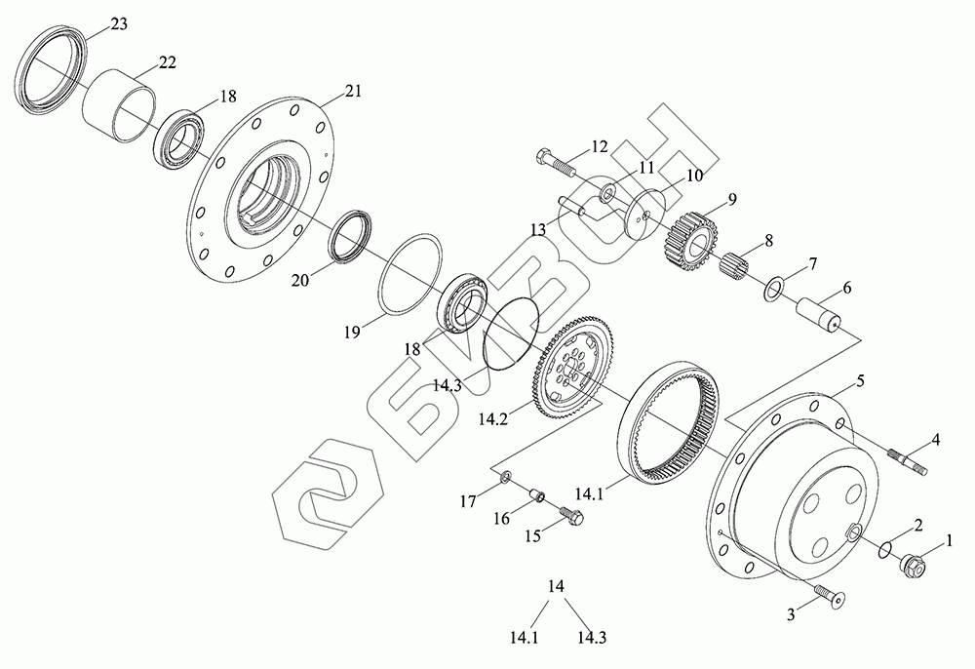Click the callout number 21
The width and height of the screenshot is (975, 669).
pos(352,94)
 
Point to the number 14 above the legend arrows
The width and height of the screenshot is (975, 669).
pos(557,587)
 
